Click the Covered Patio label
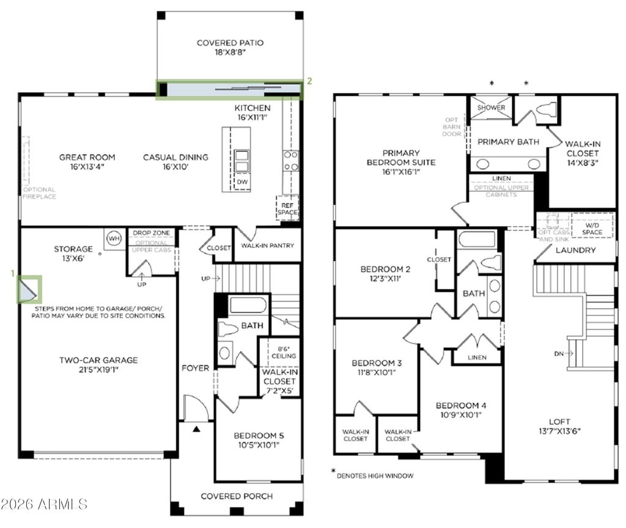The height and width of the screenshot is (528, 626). (230, 48)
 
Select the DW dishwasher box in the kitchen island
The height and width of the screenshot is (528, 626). (243, 182)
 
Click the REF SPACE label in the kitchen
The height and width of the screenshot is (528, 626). (287, 208)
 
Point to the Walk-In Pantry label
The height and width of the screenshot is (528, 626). (267, 246)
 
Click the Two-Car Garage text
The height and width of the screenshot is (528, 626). (98, 364)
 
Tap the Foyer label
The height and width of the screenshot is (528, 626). (195, 368)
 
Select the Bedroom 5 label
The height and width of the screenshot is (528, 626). (259, 440)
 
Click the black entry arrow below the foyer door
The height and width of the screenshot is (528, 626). (196, 430)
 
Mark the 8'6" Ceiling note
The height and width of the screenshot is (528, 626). (284, 352)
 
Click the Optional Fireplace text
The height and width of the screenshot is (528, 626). (40, 193)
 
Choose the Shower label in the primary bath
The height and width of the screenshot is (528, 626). (492, 108)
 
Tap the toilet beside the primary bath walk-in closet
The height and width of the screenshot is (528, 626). (545, 110)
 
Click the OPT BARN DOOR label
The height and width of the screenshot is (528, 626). (453, 125)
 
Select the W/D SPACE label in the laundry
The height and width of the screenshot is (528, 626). (592, 229)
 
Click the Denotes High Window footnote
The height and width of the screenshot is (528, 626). (374, 475)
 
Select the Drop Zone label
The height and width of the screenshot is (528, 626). (152, 233)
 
